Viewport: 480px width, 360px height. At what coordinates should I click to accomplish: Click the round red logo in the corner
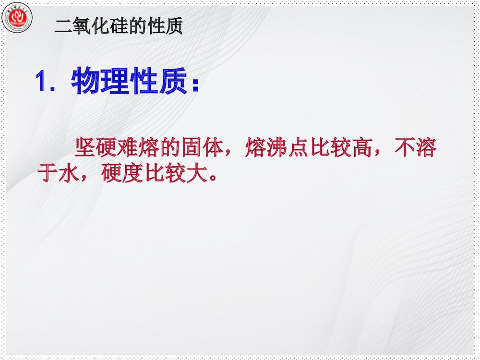pos(17,18)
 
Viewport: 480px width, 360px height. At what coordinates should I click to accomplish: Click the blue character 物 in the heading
pos(86,82)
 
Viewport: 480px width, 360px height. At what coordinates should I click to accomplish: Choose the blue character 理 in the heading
pos(115,82)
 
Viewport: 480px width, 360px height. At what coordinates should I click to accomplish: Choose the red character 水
pos(68,174)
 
